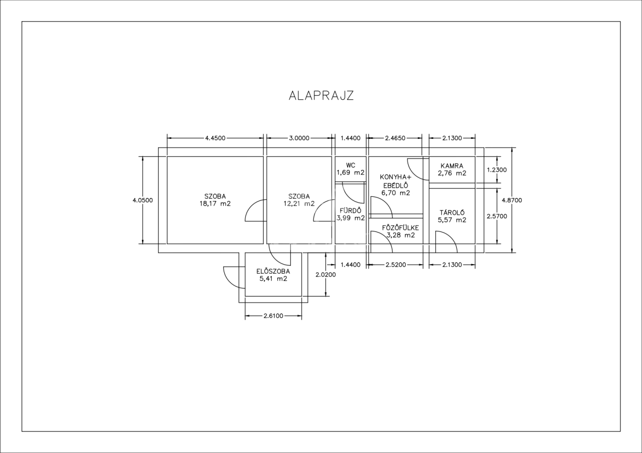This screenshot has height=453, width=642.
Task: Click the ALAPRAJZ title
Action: click(322, 96)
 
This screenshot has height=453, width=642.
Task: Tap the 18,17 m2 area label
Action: click(215, 203)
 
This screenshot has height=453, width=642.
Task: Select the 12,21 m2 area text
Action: click(299, 203)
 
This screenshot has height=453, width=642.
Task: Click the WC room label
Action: click(351, 165)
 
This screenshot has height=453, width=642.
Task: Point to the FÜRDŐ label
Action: click(350, 210)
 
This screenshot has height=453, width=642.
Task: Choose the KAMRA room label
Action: click(452, 166)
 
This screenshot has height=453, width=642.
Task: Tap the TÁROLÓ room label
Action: click(452, 213)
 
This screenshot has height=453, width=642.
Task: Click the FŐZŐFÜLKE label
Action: click(400, 228)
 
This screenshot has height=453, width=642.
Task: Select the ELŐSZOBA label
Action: click(273, 271)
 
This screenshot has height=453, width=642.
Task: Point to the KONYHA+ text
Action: click(396, 177)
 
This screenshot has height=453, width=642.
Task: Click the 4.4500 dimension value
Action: click(215, 138)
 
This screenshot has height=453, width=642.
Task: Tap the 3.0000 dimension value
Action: click(299, 138)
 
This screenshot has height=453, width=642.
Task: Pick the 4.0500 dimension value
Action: click(143, 200)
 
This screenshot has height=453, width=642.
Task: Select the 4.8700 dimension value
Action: click(512, 200)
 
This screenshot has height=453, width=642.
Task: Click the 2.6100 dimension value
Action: click(273, 316)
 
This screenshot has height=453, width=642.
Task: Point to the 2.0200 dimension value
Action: click(326, 275)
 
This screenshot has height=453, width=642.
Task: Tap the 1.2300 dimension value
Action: click(497, 170)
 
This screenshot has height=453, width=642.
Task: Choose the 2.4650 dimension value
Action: click(395, 138)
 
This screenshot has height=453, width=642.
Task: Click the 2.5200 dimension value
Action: click(396, 265)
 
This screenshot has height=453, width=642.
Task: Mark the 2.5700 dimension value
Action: click(497, 216)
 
